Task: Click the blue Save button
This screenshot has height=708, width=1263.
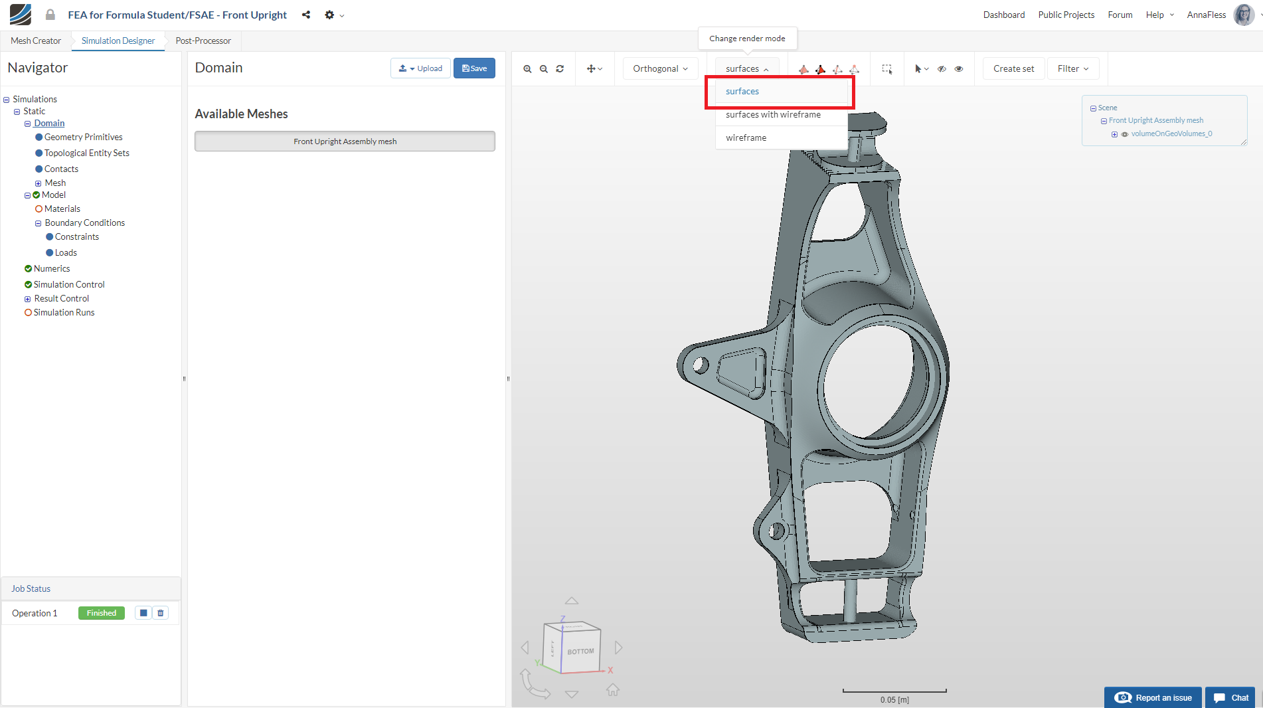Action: click(x=474, y=68)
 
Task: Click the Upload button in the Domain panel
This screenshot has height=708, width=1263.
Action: click(x=420, y=68)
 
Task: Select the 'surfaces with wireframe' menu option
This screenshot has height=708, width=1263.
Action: click(x=773, y=115)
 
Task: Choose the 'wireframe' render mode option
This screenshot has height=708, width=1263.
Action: click(x=746, y=138)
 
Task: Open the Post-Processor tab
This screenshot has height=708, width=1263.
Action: click(x=203, y=41)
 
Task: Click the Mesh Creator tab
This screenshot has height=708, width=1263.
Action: click(x=36, y=41)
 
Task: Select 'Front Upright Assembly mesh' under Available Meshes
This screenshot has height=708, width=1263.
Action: click(x=345, y=141)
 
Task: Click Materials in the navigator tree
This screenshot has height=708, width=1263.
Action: click(x=62, y=209)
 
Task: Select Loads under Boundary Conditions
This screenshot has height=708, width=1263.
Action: click(x=66, y=253)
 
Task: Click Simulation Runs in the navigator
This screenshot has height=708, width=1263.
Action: click(x=64, y=313)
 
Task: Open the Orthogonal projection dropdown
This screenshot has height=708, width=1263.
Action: click(x=660, y=69)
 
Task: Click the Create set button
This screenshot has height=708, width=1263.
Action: click(x=1013, y=69)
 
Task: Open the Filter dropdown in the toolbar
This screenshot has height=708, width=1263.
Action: click(x=1072, y=69)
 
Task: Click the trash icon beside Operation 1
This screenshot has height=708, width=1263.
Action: click(x=161, y=613)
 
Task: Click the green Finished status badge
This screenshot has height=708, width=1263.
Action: click(x=101, y=613)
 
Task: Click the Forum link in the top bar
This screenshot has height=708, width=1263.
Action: click(x=1120, y=15)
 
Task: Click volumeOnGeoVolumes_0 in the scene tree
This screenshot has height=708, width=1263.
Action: click(x=1171, y=134)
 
